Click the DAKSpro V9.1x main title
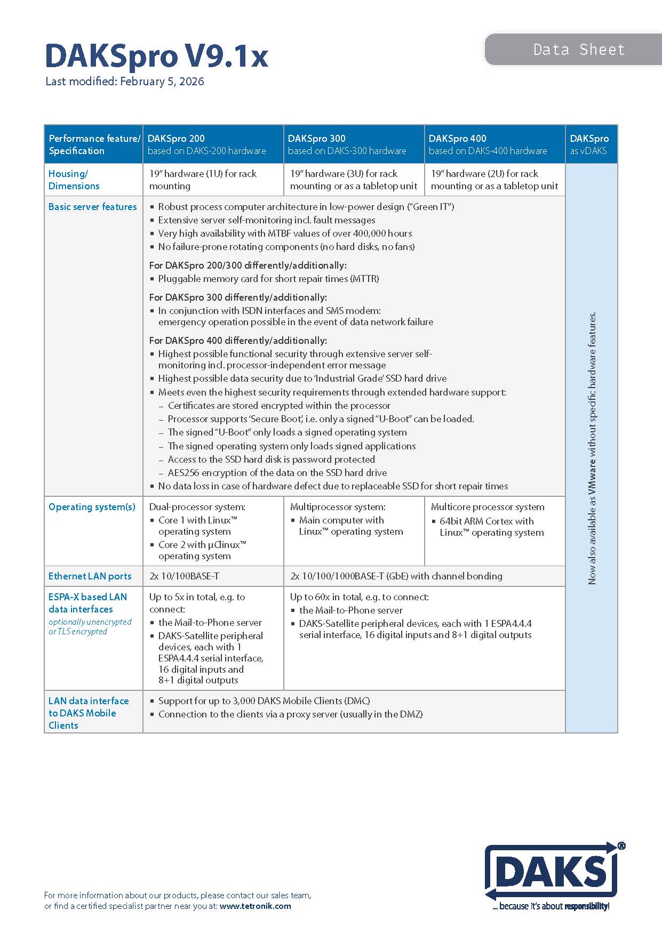(x=156, y=55)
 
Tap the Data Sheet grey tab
(x=578, y=50)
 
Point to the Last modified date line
(x=124, y=82)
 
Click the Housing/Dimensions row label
(x=74, y=180)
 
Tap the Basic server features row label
(x=92, y=207)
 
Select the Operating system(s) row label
(x=92, y=507)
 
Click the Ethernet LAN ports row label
(x=90, y=576)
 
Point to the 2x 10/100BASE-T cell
(x=184, y=576)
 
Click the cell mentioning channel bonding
(x=396, y=576)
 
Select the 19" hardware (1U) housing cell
(x=203, y=180)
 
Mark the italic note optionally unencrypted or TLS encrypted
(x=90, y=626)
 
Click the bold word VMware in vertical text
(x=592, y=482)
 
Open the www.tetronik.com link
(x=255, y=906)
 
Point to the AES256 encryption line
(x=277, y=473)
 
